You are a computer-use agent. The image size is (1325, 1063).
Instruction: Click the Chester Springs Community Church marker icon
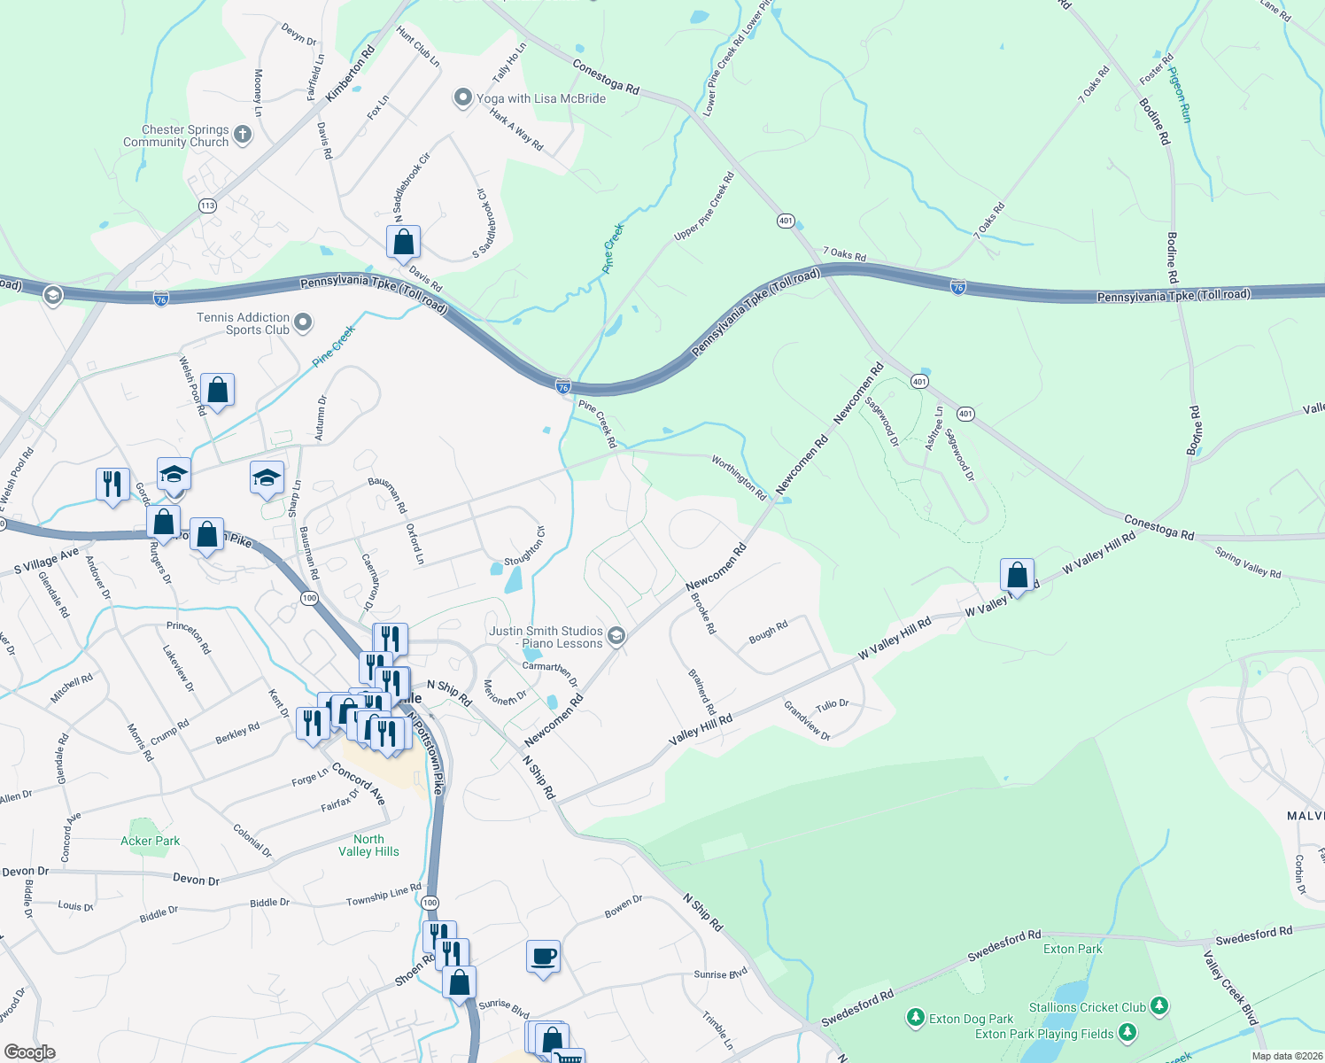pyautogui.click(x=243, y=135)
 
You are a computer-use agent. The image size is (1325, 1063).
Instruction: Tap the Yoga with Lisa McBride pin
pyautogui.click(x=462, y=98)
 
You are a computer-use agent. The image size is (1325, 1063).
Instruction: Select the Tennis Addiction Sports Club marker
pyautogui.click(x=303, y=322)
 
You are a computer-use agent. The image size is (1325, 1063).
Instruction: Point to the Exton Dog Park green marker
pyautogui.click(x=916, y=1019)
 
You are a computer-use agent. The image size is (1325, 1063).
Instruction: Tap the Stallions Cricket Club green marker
pyautogui.click(x=1159, y=1006)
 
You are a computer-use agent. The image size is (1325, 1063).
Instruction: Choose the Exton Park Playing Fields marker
pyautogui.click(x=1127, y=1033)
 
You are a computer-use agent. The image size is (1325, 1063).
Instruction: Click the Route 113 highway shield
pyautogui.click(x=207, y=206)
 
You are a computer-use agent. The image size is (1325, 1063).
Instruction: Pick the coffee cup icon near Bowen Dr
pyautogui.click(x=543, y=957)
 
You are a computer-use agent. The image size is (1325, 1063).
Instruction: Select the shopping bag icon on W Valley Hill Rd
pyautogui.click(x=1018, y=576)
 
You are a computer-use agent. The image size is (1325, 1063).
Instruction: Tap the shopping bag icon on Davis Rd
pyautogui.click(x=403, y=242)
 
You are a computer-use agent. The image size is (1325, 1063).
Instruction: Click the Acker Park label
pyautogui.click(x=150, y=841)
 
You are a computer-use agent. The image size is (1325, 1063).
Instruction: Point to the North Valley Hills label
pyautogui.click(x=368, y=845)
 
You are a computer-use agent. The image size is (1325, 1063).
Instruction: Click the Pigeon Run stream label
pyautogui.click(x=1180, y=95)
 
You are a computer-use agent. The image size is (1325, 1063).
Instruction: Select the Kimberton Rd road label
pyautogui.click(x=351, y=74)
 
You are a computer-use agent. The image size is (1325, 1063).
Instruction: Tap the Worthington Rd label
pyautogui.click(x=740, y=478)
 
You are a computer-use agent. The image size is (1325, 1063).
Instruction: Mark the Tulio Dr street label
pyautogui.click(x=833, y=705)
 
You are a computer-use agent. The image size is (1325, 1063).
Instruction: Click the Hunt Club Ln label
pyautogui.click(x=418, y=47)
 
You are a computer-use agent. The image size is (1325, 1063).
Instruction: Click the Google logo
pyautogui.click(x=29, y=1052)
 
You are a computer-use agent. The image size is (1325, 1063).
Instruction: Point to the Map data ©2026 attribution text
pyautogui.click(x=1284, y=1056)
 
